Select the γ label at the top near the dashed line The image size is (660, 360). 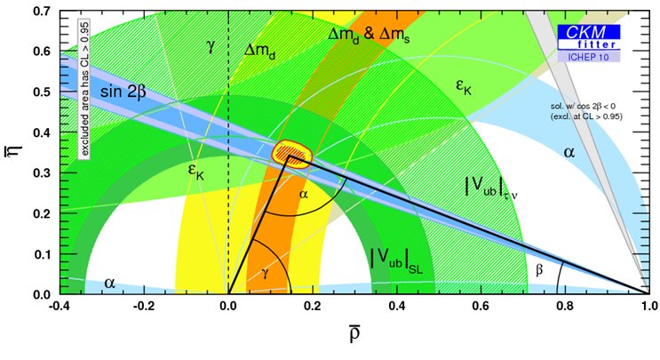click(211, 45)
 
